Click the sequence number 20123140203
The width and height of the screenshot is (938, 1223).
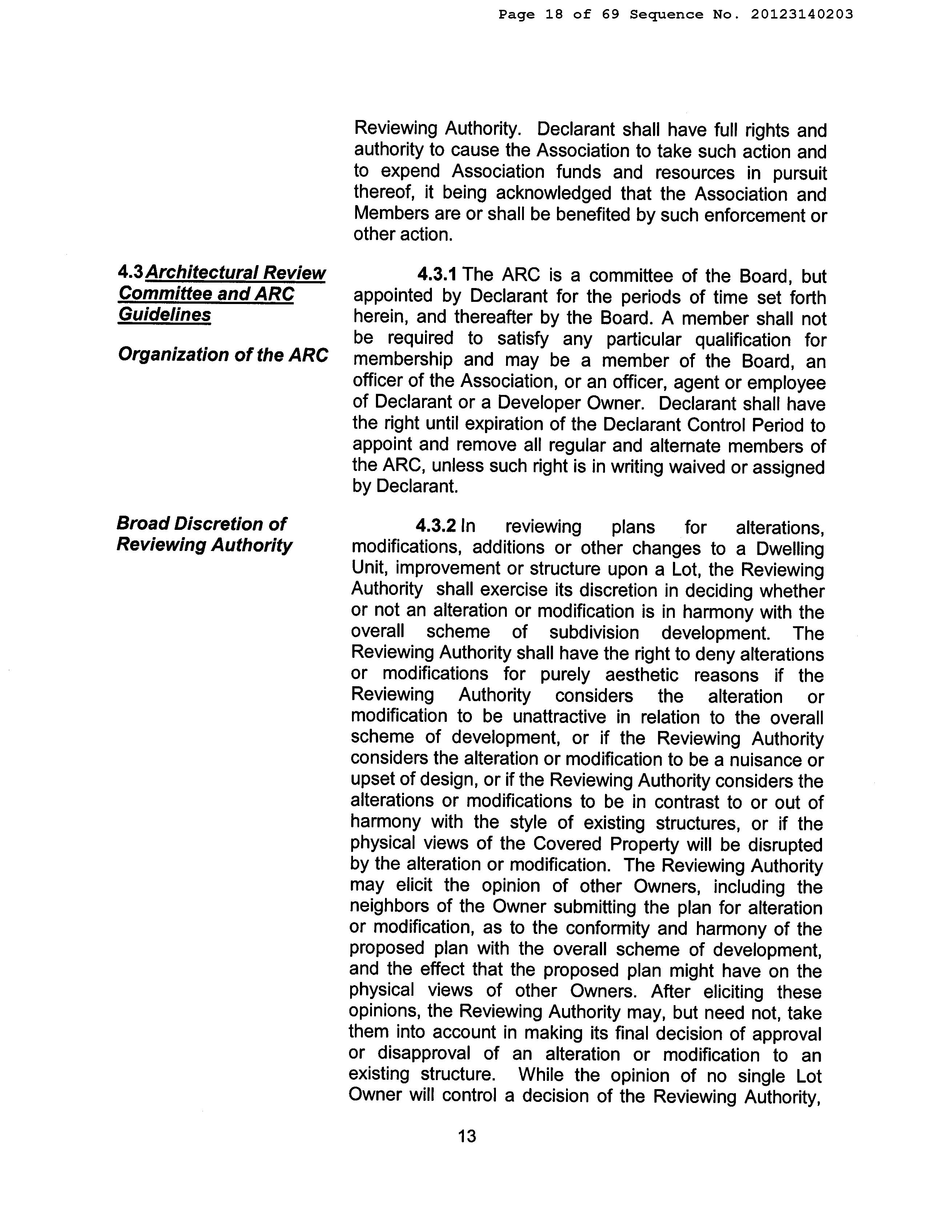pos(802,15)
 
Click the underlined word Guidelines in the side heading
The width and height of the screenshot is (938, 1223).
pos(164,315)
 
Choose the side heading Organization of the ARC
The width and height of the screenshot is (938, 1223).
pos(223,355)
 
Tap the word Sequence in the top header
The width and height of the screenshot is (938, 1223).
pos(667,15)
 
